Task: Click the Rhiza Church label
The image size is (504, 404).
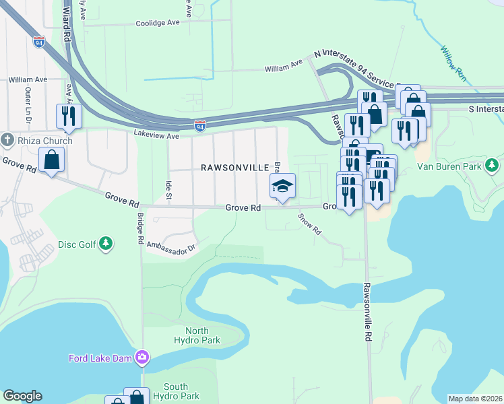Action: pos(38,139)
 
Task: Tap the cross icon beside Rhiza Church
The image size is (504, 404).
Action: pos(7,139)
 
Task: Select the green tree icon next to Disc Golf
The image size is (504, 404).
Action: pos(106,243)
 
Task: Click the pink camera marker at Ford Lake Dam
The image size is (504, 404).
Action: pos(142,358)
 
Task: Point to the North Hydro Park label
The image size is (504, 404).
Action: pos(202,335)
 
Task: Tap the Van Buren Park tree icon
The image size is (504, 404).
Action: pos(493,165)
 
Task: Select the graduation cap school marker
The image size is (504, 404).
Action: pos(283,186)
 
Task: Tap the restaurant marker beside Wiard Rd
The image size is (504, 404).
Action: pos(69,116)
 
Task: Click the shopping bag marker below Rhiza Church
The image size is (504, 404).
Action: pos(52,160)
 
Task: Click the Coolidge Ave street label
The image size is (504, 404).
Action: pos(158,22)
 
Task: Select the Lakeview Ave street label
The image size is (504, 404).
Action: pos(156,135)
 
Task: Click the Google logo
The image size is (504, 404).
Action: pos(22,396)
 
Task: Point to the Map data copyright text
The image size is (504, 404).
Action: pos(476,399)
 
